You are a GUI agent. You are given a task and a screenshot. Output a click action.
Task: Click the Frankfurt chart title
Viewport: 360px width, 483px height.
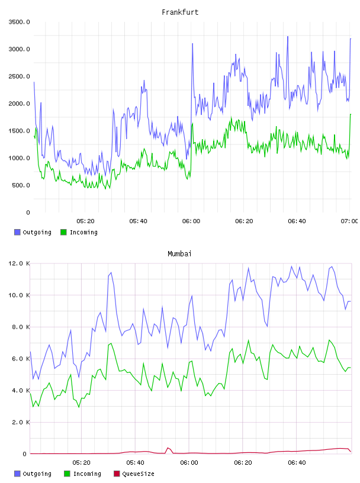(180, 12)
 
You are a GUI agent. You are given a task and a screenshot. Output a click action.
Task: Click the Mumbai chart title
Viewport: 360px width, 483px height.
(179, 254)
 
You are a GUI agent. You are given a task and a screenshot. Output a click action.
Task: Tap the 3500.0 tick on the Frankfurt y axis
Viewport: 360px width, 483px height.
(19, 22)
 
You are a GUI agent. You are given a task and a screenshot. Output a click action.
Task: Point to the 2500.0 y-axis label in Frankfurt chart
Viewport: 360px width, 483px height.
(19, 76)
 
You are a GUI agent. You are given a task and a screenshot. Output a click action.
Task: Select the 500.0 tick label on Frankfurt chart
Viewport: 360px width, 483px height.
(21, 185)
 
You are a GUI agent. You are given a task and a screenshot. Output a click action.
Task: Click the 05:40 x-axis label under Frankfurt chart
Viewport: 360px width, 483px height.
(138, 221)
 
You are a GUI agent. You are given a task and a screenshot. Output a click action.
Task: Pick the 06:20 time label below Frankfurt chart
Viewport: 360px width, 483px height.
(244, 221)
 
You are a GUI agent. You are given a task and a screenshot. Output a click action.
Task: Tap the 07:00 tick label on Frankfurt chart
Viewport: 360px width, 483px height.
(349, 221)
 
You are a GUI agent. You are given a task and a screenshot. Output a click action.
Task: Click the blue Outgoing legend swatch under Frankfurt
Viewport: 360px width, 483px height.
(17, 232)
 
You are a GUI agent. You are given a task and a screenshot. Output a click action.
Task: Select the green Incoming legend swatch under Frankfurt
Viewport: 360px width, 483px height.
(63, 232)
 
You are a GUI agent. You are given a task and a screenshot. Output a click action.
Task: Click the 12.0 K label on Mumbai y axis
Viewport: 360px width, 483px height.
(19, 263)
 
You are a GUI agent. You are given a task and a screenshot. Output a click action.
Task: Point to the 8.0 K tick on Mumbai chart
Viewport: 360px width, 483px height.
(21, 327)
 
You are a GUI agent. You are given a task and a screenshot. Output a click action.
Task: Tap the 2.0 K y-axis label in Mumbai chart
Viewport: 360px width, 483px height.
(21, 422)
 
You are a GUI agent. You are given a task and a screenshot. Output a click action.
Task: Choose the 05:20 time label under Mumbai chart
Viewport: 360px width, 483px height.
(81, 463)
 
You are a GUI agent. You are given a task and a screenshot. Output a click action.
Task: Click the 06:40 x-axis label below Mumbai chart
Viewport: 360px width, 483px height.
(297, 463)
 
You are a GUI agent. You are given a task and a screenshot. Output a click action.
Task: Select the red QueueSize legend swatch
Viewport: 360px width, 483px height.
(117, 474)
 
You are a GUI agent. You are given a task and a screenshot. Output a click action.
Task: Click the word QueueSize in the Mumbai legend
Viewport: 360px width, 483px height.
(138, 474)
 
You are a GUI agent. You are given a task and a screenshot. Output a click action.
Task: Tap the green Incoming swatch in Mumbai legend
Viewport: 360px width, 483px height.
(67, 474)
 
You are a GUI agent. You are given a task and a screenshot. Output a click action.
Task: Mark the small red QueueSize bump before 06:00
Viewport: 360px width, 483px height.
(168, 448)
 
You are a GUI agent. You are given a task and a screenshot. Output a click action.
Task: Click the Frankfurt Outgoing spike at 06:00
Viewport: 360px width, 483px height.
(192, 44)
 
